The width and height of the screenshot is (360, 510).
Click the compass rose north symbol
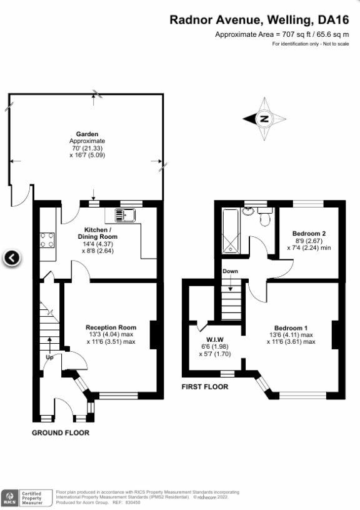tap(264, 119)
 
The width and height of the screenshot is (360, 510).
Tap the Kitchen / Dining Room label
tap(97, 233)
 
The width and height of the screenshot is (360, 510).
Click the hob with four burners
tap(46, 240)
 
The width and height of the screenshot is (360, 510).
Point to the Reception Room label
tap(111, 327)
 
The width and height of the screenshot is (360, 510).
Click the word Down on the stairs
tap(230, 271)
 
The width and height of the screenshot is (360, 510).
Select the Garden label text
tap(86, 134)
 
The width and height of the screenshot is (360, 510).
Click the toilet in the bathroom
tap(264, 218)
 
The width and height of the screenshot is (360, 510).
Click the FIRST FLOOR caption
tap(205, 387)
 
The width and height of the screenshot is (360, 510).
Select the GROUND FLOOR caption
tap(61, 432)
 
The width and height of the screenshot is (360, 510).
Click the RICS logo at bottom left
tap(10, 497)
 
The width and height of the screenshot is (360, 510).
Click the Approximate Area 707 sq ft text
tap(282, 34)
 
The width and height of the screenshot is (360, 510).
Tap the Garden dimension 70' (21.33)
tap(86, 148)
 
